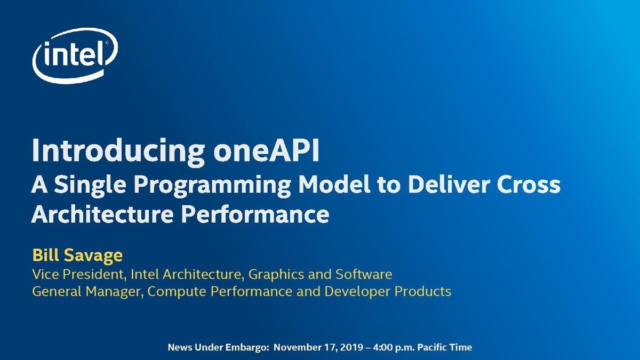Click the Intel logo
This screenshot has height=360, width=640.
[x=75, y=56]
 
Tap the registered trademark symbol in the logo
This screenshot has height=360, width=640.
[x=107, y=43]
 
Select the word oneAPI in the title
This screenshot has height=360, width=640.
[x=266, y=150]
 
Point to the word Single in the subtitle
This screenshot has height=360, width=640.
[x=90, y=185]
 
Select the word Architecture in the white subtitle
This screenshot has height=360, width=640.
[x=102, y=214]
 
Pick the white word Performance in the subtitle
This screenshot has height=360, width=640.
[x=255, y=214]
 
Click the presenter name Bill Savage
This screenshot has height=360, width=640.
[x=77, y=255]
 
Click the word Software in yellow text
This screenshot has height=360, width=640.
[x=364, y=274]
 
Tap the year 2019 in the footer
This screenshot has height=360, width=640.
[x=352, y=347]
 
